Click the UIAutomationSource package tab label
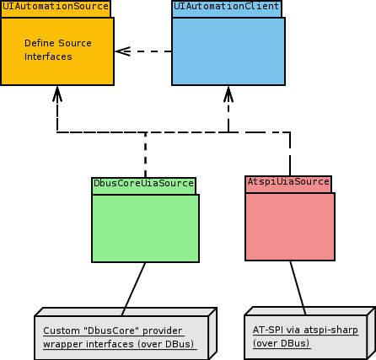point(56,6)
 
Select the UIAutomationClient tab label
point(226,6)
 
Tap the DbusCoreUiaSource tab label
point(143,183)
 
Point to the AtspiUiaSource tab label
point(288,181)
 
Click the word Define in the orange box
point(39,43)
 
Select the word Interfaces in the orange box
point(48,56)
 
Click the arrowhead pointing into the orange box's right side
point(123,51)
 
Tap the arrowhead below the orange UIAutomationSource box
point(57,94)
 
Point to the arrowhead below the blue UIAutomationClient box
point(228,94)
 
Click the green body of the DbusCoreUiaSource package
point(145,228)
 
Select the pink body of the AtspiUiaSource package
point(290,227)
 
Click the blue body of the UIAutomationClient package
point(228,51)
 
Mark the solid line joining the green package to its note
point(133,289)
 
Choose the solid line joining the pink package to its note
point(298,287)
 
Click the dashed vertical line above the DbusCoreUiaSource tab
point(145,155)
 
